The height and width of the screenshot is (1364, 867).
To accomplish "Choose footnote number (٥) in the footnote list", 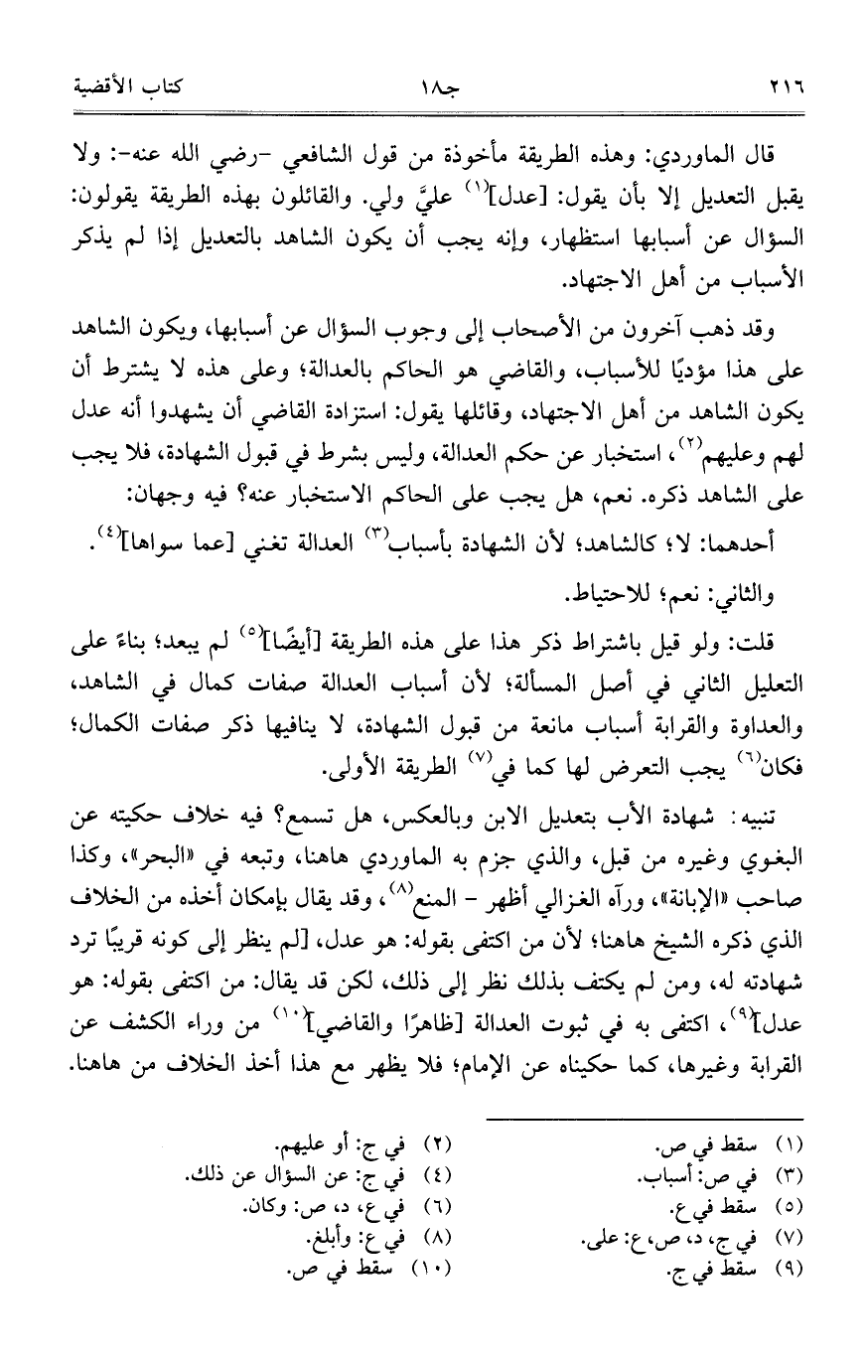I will point(800,1208).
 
